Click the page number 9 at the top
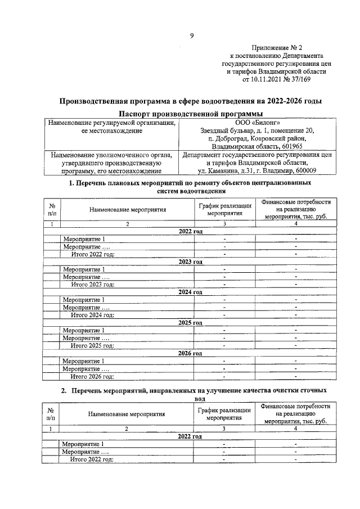pos(191,36)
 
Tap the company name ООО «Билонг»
pos(257,123)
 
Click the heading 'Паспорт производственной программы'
pos(191,114)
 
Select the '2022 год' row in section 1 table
pos(190,231)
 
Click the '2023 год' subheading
pos(190,262)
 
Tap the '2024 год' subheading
pos(190,292)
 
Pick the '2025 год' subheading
pos(190,323)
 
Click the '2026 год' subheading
pos(190,353)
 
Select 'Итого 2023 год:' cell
pos(92,284)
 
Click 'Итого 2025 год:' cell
pos(92,345)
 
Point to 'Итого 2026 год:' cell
pos(92,376)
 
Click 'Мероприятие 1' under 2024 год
pos(84,300)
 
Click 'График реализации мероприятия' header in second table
pos(224,414)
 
